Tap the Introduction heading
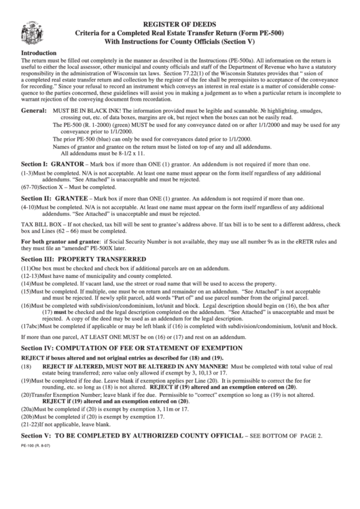click(x=40, y=52)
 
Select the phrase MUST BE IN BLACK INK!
click(x=84, y=110)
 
